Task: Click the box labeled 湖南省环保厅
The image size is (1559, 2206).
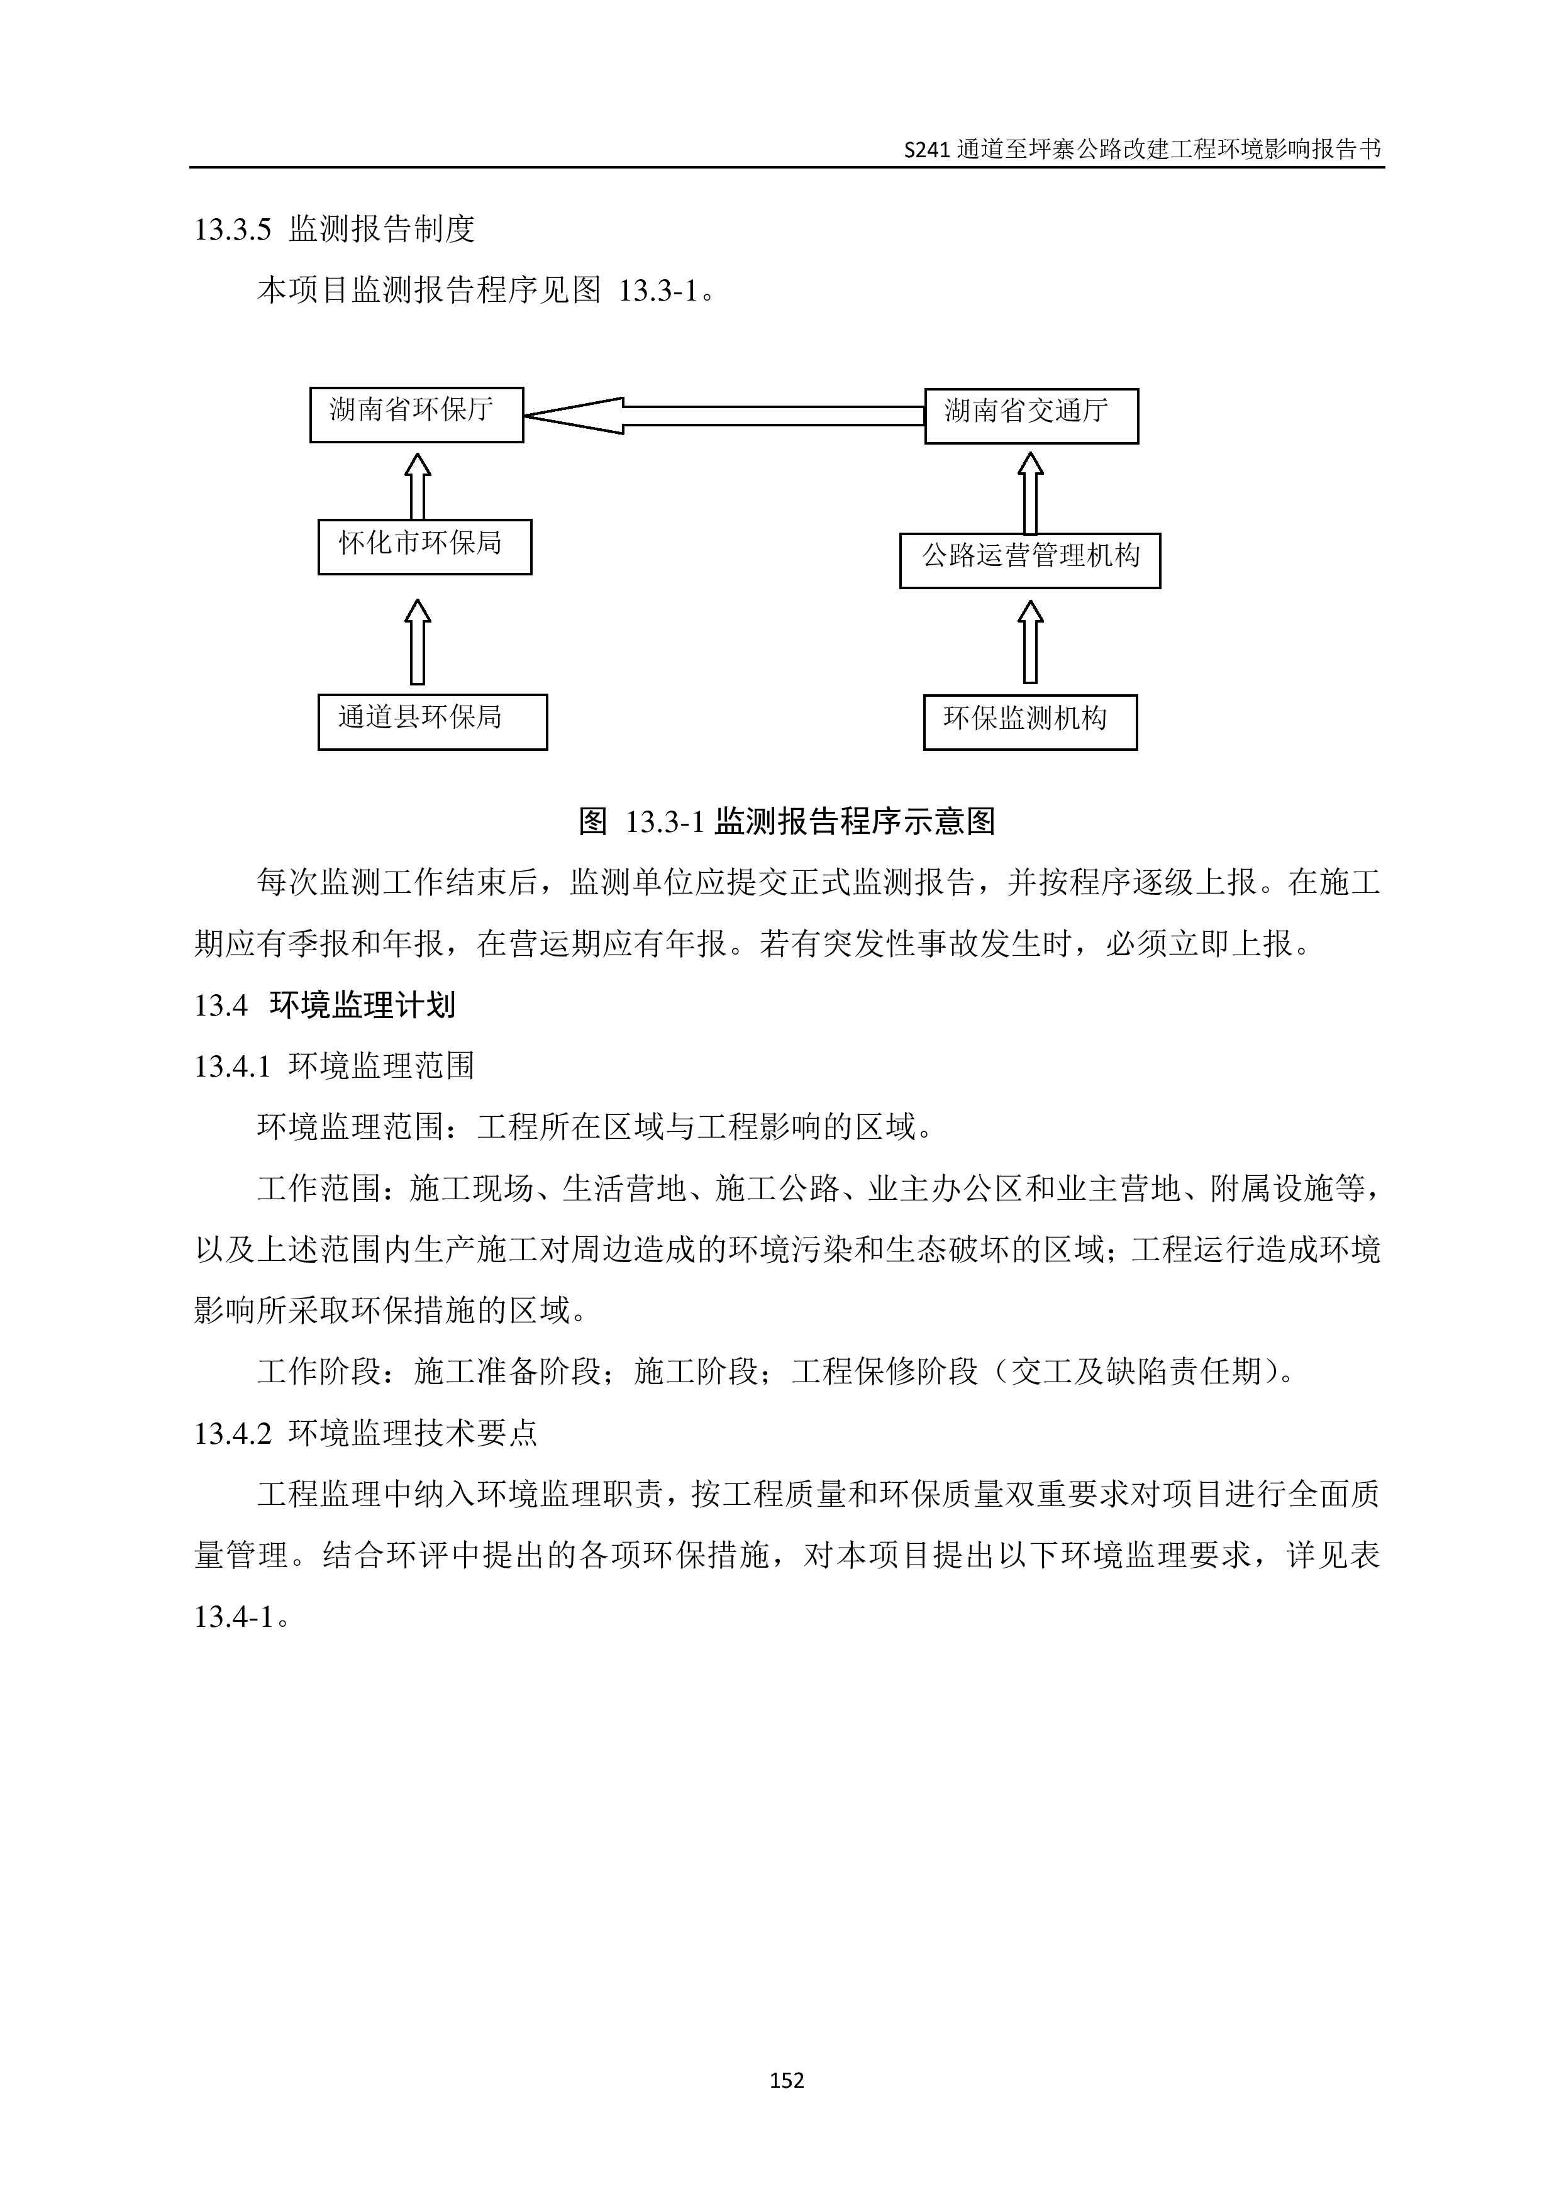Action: tap(416, 415)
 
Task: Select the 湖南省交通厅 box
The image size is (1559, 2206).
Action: tap(1031, 416)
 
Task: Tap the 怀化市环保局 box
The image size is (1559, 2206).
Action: tap(424, 546)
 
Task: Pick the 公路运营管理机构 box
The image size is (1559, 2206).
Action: tap(1029, 560)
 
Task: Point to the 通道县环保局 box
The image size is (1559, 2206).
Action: tap(432, 721)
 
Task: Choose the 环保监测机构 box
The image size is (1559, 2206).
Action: tap(1029, 721)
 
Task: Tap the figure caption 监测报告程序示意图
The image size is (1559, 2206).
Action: tap(854, 821)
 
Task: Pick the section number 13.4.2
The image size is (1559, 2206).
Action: tap(233, 1434)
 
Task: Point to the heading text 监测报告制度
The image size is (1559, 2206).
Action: tap(381, 230)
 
